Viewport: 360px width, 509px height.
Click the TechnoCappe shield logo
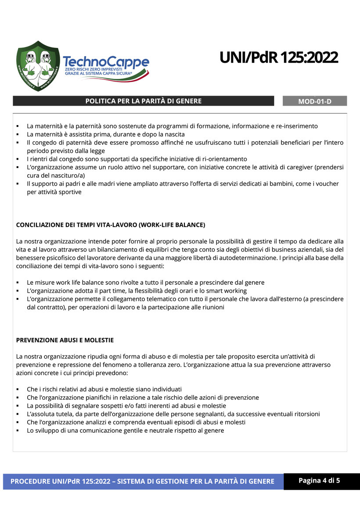38,66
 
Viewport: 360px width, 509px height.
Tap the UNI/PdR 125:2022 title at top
279,57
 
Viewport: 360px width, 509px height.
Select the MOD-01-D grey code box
315,101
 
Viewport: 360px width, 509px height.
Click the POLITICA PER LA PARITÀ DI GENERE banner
144,101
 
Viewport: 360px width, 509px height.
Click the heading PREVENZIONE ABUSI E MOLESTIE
65,340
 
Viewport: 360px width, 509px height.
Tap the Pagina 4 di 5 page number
319,480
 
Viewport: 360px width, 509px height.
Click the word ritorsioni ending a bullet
304,414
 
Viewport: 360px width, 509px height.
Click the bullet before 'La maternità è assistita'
18,134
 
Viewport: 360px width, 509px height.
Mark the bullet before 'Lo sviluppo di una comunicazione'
18,431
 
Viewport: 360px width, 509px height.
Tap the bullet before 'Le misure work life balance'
18,283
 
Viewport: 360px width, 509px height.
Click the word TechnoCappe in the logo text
106,62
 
